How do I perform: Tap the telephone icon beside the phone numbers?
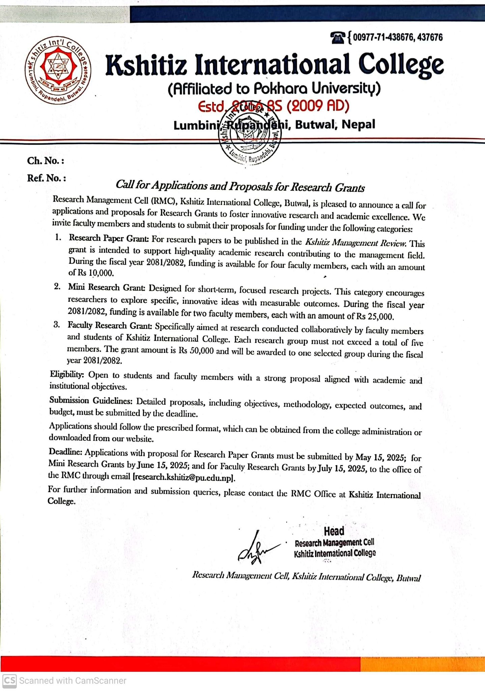pos(338,37)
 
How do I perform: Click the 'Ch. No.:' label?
pos(46,161)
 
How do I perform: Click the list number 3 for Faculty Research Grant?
pos(57,325)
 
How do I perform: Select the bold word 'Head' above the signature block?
pos(334,531)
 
